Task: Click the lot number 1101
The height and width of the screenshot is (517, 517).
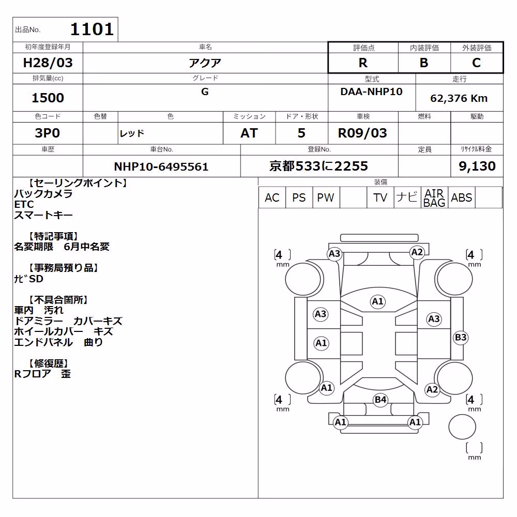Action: click(x=92, y=29)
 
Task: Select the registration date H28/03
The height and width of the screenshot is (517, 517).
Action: click(x=48, y=63)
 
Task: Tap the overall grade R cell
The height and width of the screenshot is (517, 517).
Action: click(x=363, y=63)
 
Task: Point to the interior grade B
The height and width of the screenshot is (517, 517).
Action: click(x=424, y=63)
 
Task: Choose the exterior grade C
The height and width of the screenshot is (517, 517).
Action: click(x=477, y=63)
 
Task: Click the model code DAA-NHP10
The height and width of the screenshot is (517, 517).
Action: click(x=371, y=92)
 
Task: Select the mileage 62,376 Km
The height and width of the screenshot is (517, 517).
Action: click(x=459, y=98)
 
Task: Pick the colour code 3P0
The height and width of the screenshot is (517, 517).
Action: click(x=48, y=133)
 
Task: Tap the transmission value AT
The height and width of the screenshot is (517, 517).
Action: click(x=249, y=133)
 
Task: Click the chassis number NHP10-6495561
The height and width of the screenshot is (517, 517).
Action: click(x=161, y=166)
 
